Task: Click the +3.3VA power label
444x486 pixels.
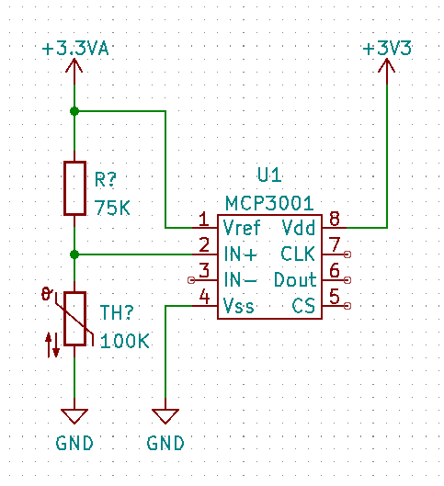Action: pyautogui.click(x=75, y=49)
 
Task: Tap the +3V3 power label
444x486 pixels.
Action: pyautogui.click(x=387, y=49)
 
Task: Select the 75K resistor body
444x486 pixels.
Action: pyautogui.click(x=74, y=188)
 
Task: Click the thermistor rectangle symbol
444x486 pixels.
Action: pyautogui.click(x=74, y=318)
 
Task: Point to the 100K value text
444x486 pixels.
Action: pyautogui.click(x=125, y=341)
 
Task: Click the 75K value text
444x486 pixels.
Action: pyautogui.click(x=112, y=208)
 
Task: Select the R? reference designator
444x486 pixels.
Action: pyautogui.click(x=106, y=179)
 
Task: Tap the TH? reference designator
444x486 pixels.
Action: pyautogui.click(x=117, y=312)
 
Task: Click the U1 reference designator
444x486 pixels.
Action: pyautogui.click(x=269, y=175)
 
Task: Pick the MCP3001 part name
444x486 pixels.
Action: pyautogui.click(x=269, y=203)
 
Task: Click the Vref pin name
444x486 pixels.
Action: pyautogui.click(x=242, y=228)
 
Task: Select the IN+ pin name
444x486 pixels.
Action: pyautogui.click(x=240, y=254)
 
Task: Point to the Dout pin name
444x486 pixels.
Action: pyautogui.click(x=295, y=280)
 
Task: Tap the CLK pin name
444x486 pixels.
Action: pyautogui.click(x=298, y=254)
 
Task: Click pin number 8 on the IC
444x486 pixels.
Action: pyautogui.click(x=335, y=219)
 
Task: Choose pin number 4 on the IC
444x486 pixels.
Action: pyautogui.click(x=204, y=297)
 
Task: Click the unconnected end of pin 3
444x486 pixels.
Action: pyautogui.click(x=191, y=280)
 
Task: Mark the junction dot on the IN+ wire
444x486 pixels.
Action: pyautogui.click(x=74, y=254)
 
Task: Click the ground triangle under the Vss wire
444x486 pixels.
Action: pyautogui.click(x=165, y=416)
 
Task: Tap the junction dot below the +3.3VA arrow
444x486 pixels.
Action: pyautogui.click(x=74, y=111)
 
